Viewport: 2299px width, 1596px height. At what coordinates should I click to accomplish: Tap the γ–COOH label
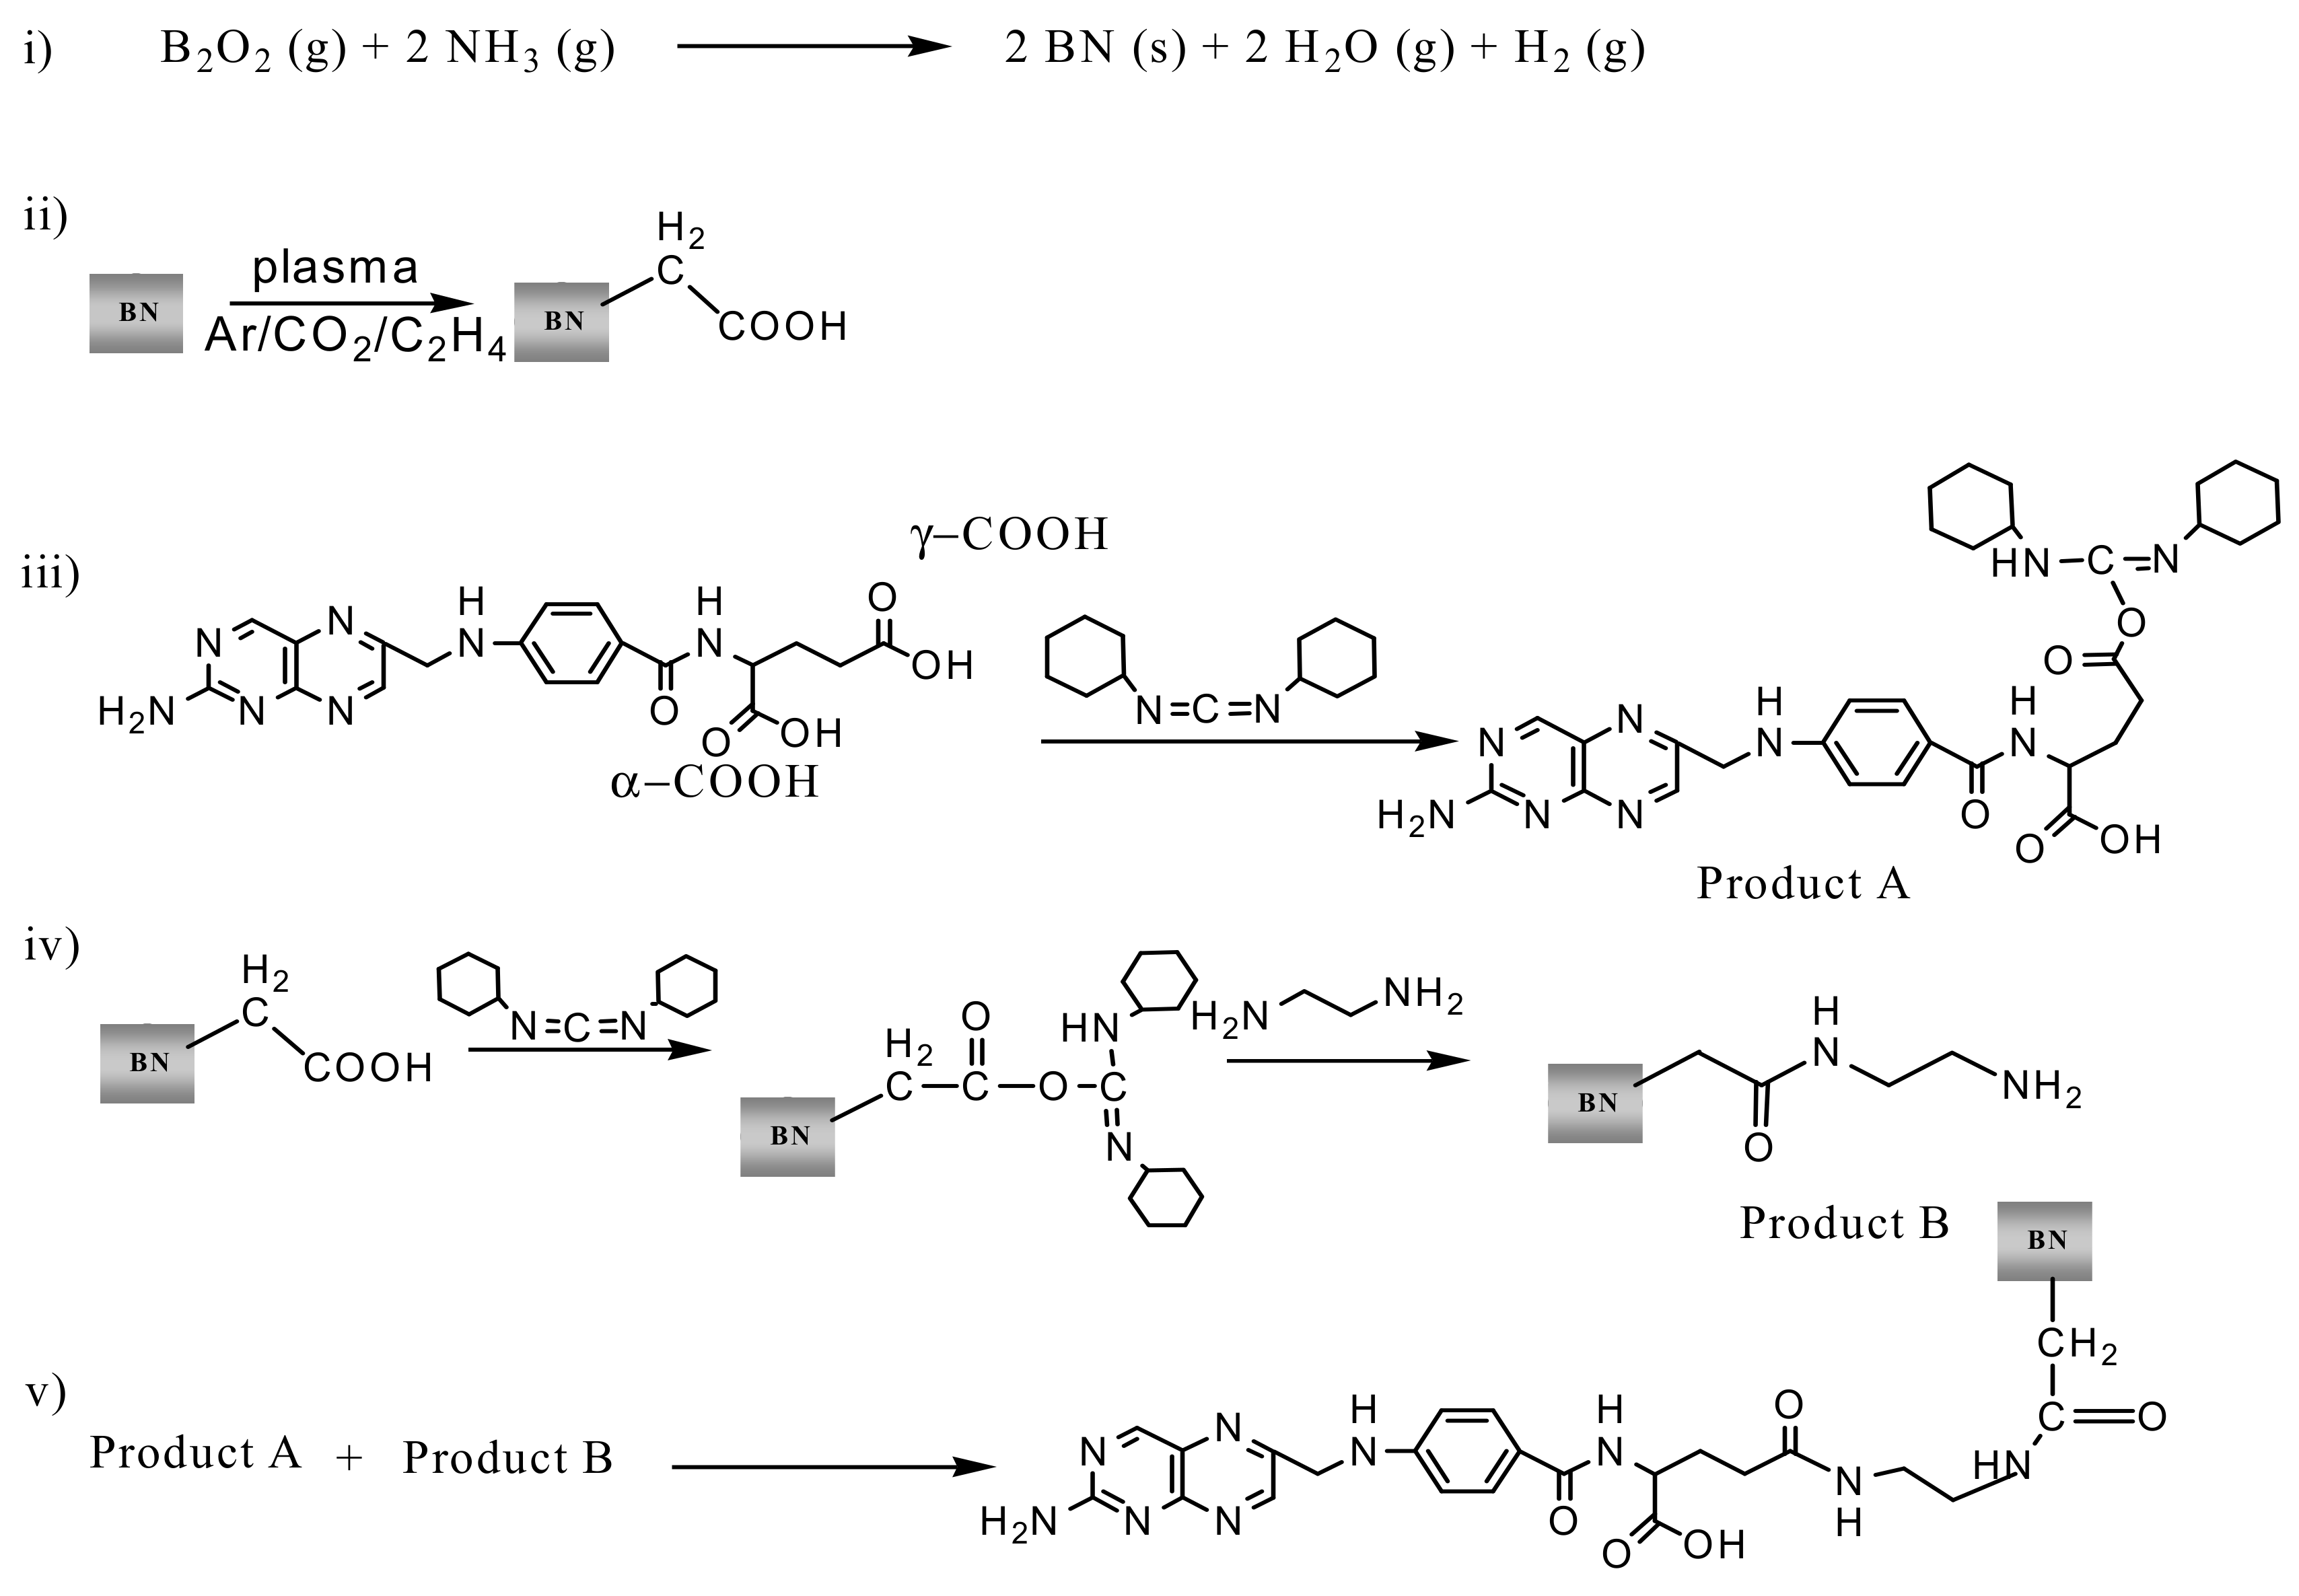pyautogui.click(x=1008, y=535)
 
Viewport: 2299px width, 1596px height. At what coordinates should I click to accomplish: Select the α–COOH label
pyautogui.click(x=714, y=782)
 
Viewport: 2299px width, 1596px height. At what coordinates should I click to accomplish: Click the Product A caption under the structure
pyautogui.click(x=1802, y=883)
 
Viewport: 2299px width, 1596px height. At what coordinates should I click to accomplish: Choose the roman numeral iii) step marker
pyautogui.click(x=50, y=575)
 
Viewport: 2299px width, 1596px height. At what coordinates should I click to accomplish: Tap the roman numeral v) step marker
pyautogui.click(x=46, y=1392)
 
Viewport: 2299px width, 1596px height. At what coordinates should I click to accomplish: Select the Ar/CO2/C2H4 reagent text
pyautogui.click(x=355, y=340)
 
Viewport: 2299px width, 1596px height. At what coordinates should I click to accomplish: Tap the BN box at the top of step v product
pyautogui.click(x=2044, y=1241)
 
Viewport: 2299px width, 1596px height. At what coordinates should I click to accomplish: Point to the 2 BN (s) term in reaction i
pyautogui.click(x=1094, y=48)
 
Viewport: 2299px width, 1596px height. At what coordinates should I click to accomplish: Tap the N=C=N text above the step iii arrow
pyautogui.click(x=1209, y=710)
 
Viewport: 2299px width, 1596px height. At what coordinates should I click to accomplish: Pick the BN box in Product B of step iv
pyautogui.click(x=1595, y=1103)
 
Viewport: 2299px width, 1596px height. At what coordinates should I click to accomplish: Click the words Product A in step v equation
pyautogui.click(x=195, y=1452)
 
